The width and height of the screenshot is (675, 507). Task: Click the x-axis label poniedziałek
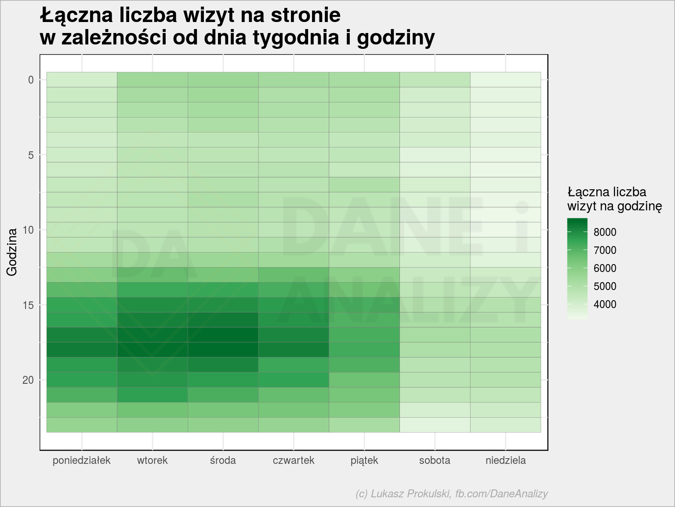81,460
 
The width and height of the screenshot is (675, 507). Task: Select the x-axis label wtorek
152,460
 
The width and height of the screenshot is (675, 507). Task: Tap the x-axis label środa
223,460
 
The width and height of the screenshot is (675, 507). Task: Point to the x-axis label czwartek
294,460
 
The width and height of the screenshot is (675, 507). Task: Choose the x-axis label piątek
364,460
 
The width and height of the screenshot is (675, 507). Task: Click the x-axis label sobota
435,460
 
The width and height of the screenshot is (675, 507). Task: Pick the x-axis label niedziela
505,460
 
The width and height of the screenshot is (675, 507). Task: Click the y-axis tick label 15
28,305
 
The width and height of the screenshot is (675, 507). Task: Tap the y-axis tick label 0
31,80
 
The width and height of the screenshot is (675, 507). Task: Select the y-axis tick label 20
28,380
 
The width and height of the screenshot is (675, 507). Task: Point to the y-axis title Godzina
12,252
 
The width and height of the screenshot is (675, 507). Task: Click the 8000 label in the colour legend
605,232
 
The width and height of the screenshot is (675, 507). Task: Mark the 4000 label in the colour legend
605,304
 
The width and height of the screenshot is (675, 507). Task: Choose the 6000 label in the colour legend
605,268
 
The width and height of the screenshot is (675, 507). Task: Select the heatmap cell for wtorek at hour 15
152,305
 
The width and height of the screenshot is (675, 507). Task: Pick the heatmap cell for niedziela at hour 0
505,80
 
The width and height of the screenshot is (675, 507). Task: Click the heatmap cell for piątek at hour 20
364,380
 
